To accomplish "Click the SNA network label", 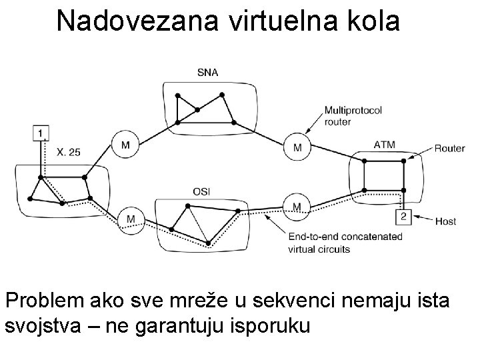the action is click(x=208, y=72).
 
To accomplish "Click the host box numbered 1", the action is click(x=41, y=133).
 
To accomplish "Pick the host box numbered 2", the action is click(x=403, y=216).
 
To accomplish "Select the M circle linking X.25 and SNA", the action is click(x=125, y=145).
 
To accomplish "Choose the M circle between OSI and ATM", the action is click(x=296, y=205).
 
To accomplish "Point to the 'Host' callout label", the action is click(x=445, y=221).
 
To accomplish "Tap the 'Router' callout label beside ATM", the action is click(x=450, y=148).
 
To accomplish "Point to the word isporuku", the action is click(x=270, y=328).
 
